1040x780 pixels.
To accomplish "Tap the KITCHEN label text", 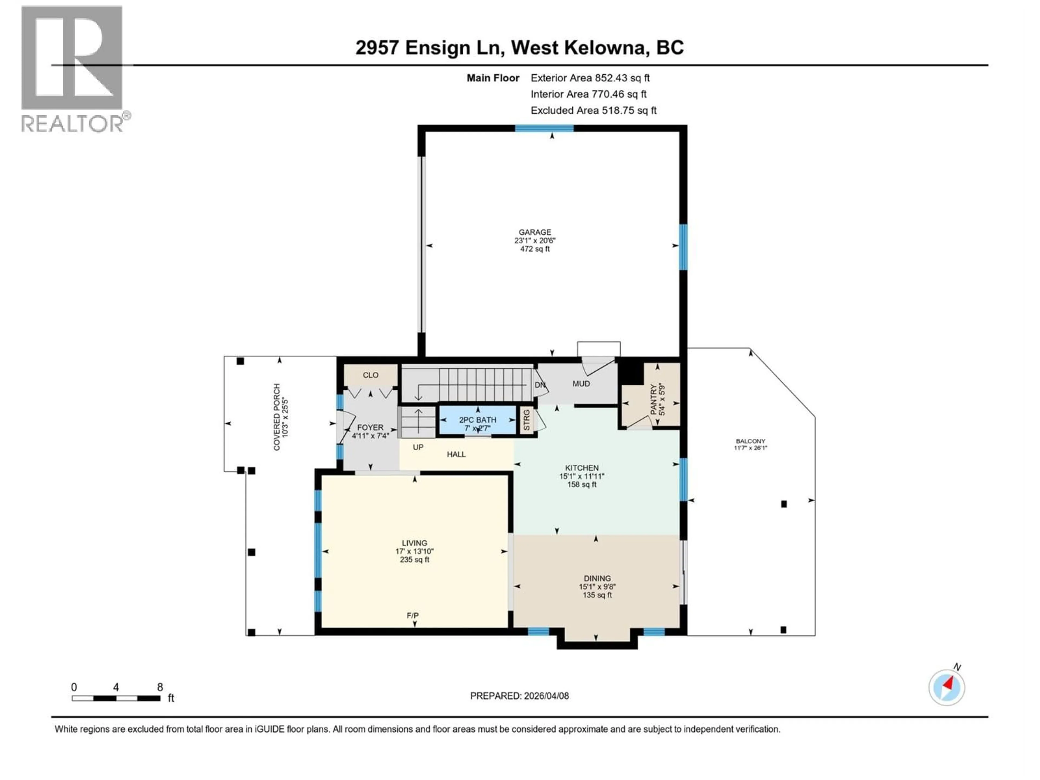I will pos(581,468).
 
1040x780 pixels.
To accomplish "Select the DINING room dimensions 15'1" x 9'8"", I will pos(597,587).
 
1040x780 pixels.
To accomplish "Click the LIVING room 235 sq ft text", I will pos(414,560).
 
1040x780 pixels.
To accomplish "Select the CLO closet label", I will pos(370,375).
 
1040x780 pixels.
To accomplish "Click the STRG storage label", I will pos(526,420).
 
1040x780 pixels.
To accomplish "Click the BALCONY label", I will pos(750,441).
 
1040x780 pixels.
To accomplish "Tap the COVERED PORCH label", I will pos(277,417).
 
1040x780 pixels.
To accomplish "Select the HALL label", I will pos(456,454).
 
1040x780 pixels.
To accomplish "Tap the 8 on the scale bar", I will pos(160,687).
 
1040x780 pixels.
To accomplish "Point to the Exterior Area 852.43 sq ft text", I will pos(590,78).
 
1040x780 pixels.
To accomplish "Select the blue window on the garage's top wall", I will pos(544,128).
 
